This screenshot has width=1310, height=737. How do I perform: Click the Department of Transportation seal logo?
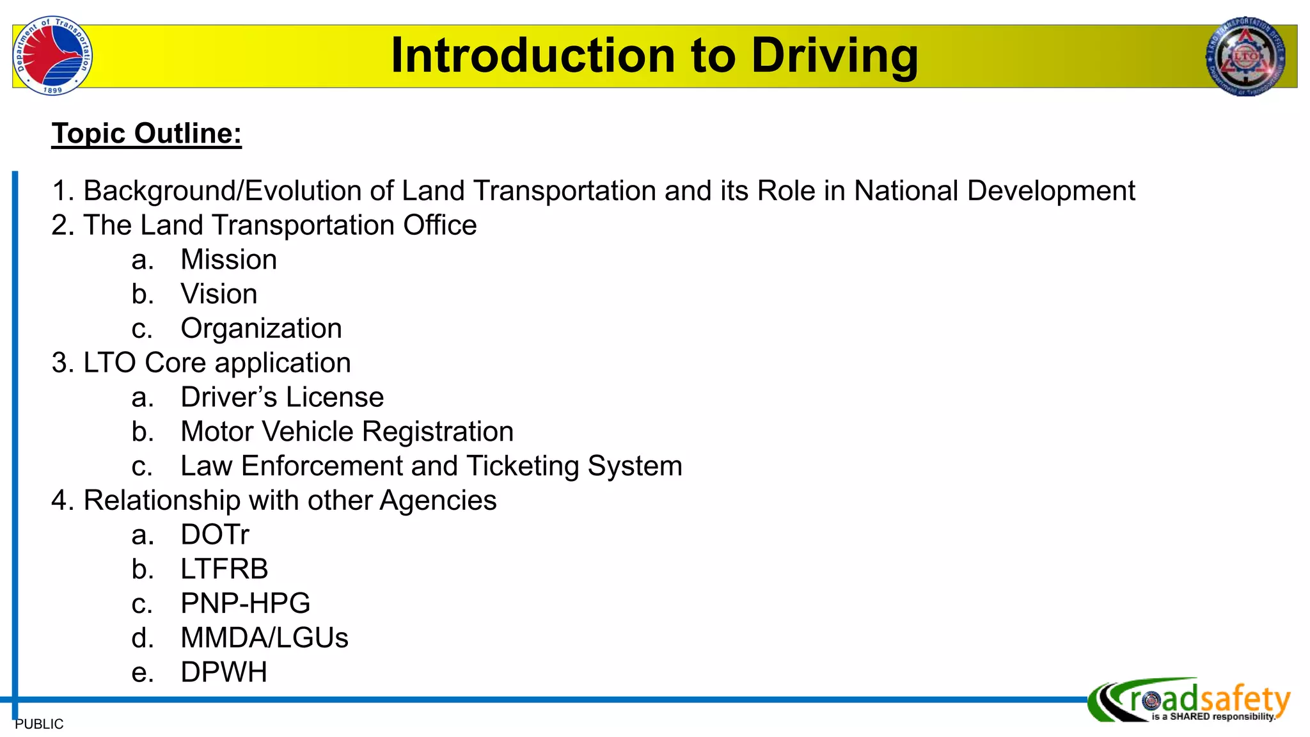(52, 56)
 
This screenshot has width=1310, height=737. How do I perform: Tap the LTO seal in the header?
(1245, 56)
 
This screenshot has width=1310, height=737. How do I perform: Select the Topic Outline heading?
(146, 134)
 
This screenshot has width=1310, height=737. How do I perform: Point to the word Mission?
(228, 260)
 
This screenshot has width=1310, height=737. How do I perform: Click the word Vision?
(219, 294)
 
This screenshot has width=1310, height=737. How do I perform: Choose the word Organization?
(261, 329)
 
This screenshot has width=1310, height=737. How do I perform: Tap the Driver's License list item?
(282, 397)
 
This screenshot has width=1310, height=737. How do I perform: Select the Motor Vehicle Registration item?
(347, 432)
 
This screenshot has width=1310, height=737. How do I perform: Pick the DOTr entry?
(215, 535)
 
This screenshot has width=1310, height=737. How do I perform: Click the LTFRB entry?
(224, 569)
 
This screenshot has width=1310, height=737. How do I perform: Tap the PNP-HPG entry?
(245, 604)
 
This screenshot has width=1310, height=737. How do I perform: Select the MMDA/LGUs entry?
(264, 638)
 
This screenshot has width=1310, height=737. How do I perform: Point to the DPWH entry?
(224, 672)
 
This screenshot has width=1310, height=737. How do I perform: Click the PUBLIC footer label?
(39, 724)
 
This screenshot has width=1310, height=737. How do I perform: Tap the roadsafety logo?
(1190, 701)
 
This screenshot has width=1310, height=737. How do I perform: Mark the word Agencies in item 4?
(438, 501)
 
